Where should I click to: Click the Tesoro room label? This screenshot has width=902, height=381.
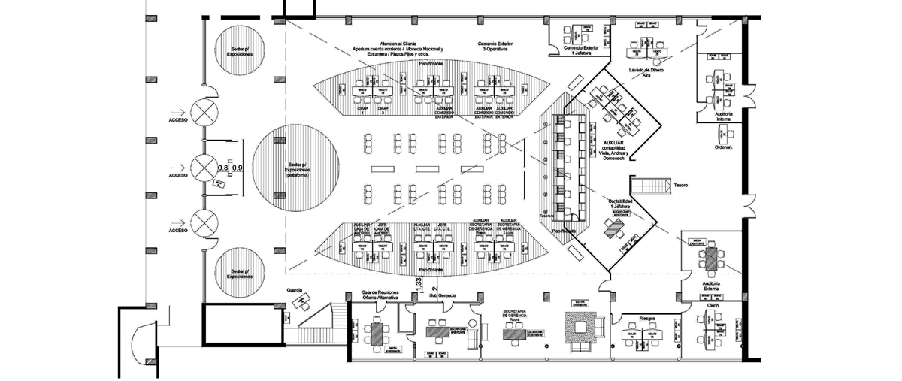(x=681, y=185)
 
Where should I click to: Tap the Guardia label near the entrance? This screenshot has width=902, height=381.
(x=295, y=289)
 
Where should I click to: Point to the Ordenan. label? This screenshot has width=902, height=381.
(x=723, y=147)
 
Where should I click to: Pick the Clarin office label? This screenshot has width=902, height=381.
(x=713, y=306)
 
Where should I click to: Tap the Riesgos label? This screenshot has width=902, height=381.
(x=647, y=318)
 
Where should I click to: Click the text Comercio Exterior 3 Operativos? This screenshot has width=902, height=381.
(x=496, y=47)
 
